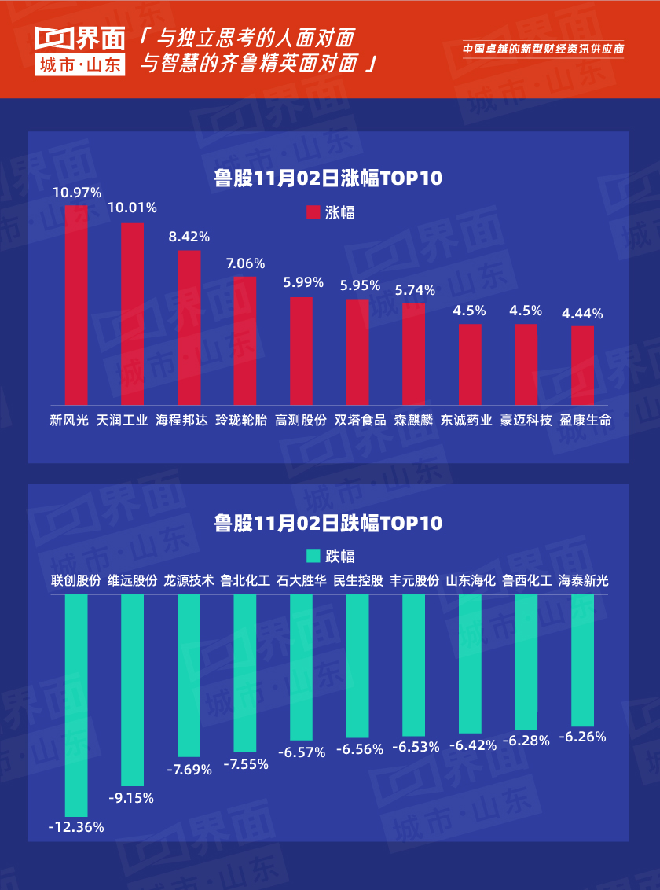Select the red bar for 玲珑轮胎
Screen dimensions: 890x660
coord(245,340)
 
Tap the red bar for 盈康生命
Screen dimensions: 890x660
coord(582,365)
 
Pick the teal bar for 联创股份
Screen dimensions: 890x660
coord(76,705)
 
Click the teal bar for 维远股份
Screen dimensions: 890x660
coord(132,690)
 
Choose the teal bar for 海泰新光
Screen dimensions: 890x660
coord(582,660)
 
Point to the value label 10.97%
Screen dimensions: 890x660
coord(76,192)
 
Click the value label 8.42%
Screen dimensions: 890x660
coord(189,237)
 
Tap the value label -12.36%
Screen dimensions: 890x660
coord(76,826)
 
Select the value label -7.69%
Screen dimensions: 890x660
coord(189,770)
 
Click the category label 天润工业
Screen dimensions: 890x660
coord(122,420)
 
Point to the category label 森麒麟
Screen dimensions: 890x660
coord(413,420)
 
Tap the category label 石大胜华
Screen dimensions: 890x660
coord(301,581)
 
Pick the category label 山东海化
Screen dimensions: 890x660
coord(470,581)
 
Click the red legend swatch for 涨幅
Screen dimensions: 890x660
coord(313,212)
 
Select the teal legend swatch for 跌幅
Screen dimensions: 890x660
coord(313,556)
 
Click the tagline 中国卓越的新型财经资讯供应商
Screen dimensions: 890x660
coord(543,49)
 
